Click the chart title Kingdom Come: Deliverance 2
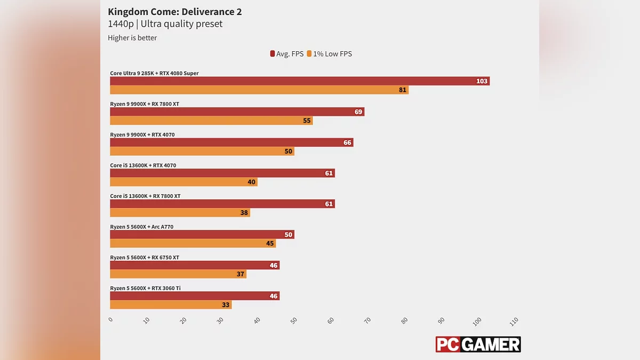(174, 11)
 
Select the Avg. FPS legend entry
(287, 54)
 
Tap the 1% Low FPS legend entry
(329, 54)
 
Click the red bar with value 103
(299, 81)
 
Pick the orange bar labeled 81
(259, 90)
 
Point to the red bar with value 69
(237, 112)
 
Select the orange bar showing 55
(211, 121)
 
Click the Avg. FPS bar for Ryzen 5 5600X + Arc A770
(202, 235)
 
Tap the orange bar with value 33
(171, 305)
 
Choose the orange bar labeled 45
(193, 243)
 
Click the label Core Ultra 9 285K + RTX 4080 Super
(154, 73)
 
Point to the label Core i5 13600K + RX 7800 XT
(145, 196)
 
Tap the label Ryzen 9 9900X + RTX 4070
(142, 134)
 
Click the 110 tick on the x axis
(514, 322)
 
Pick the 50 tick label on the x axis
(293, 321)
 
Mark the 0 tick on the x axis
(110, 319)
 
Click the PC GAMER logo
(478, 344)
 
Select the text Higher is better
(132, 38)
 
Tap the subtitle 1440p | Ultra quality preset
(165, 24)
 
